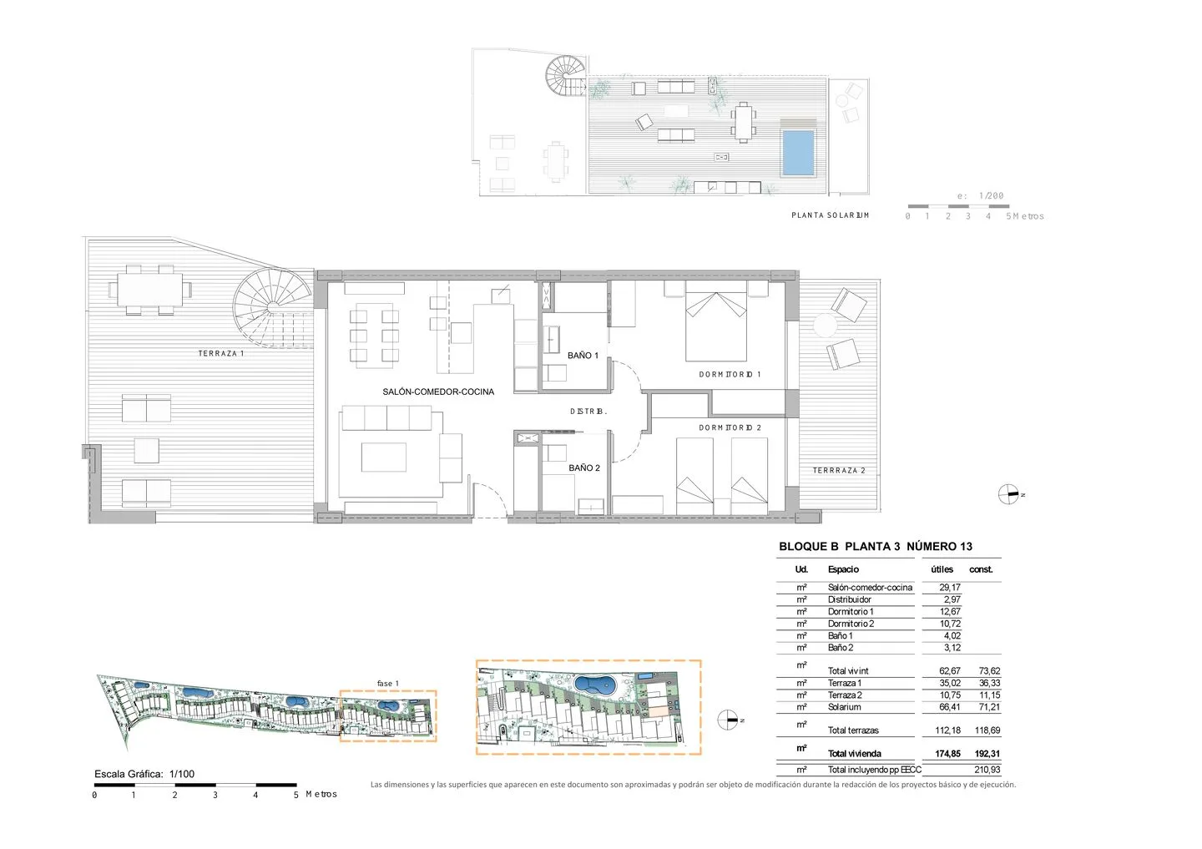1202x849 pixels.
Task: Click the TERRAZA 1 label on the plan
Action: pyautogui.click(x=221, y=353)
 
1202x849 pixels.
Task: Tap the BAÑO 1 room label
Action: pyautogui.click(x=583, y=356)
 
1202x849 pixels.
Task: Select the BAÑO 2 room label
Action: pyautogui.click(x=583, y=468)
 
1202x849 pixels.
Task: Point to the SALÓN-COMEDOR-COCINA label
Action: pyautogui.click(x=438, y=392)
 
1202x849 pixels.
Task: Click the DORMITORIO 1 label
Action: pyautogui.click(x=730, y=374)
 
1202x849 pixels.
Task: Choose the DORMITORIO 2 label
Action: pyautogui.click(x=730, y=427)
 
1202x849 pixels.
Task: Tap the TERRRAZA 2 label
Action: pyautogui.click(x=839, y=470)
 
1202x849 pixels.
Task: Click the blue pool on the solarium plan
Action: pyautogui.click(x=799, y=153)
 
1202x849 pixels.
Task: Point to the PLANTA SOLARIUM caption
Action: pyautogui.click(x=830, y=215)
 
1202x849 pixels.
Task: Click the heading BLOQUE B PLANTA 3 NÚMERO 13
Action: pyautogui.click(x=875, y=546)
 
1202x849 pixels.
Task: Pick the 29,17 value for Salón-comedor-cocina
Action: pyautogui.click(x=949, y=587)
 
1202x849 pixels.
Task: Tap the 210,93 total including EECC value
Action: pyautogui.click(x=987, y=770)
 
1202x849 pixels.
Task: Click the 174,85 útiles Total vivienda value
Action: pyautogui.click(x=947, y=754)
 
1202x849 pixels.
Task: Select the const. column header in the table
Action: pyautogui.click(x=981, y=569)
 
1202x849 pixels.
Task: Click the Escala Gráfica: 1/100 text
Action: pyautogui.click(x=144, y=774)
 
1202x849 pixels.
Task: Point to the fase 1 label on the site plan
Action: pyautogui.click(x=387, y=683)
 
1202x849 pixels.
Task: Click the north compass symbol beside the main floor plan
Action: pyautogui.click(x=1008, y=494)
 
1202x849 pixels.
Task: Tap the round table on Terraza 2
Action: pyautogui.click(x=825, y=326)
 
